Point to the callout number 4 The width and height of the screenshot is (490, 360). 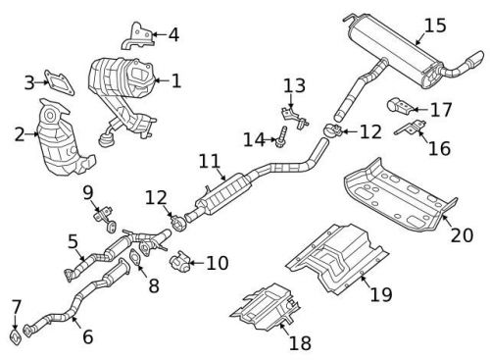tap(173, 36)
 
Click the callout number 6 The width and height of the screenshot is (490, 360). tap(87, 336)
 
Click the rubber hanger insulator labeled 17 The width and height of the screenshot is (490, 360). tap(398, 105)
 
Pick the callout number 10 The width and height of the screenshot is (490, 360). tap(216, 263)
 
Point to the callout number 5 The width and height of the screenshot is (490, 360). tap(73, 239)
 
